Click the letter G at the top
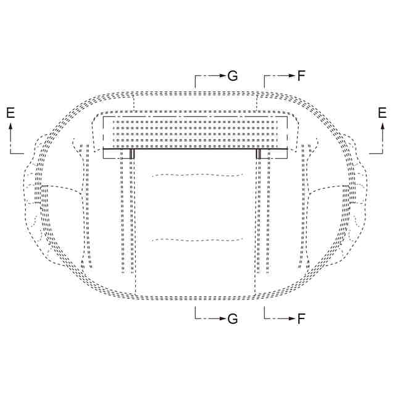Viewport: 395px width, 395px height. pyautogui.click(x=233, y=75)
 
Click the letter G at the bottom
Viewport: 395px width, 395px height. pyautogui.click(x=233, y=318)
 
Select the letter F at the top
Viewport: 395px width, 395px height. pyautogui.click(x=301, y=75)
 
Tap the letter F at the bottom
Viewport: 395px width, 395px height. pyautogui.click(x=301, y=318)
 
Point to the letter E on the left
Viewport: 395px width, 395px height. pyautogui.click(x=10, y=112)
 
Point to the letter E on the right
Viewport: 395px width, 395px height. pyautogui.click(x=382, y=112)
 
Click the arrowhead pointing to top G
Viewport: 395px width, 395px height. pyautogui.click(x=222, y=75)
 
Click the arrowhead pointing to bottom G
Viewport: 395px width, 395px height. pyautogui.click(x=222, y=318)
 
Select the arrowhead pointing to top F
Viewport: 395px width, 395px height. pyautogui.click(x=292, y=75)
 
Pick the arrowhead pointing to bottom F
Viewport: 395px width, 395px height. pyautogui.click(x=292, y=318)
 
